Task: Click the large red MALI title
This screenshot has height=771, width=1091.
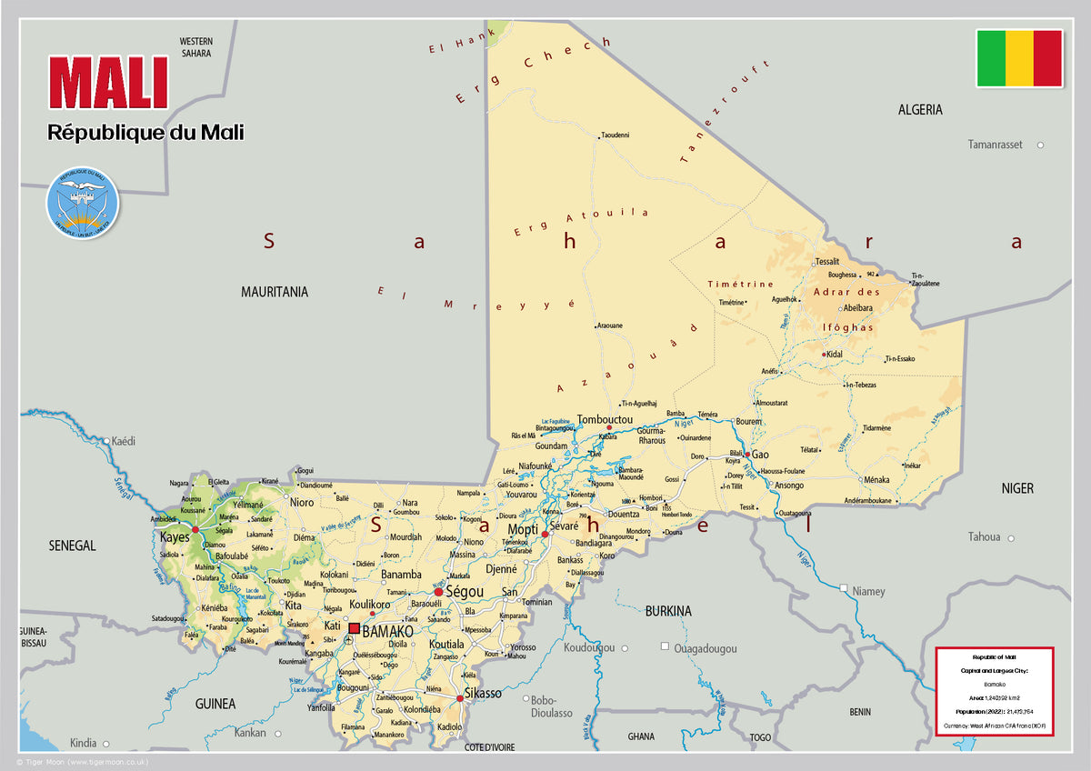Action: point(108,84)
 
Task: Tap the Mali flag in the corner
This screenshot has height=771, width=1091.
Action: point(1019,58)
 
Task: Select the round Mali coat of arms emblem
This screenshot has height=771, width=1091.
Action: point(83,203)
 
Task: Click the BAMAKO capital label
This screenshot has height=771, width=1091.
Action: point(387,630)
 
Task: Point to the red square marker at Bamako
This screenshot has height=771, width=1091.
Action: point(354,628)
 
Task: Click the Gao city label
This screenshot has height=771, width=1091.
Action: point(760,455)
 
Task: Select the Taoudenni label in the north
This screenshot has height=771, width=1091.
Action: point(615,135)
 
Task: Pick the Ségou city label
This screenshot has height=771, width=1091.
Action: point(463,592)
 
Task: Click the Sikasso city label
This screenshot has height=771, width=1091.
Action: point(482,694)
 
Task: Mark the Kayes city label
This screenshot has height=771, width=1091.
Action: point(175,537)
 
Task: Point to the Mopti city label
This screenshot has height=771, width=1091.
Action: point(523,529)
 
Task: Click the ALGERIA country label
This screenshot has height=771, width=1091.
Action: point(920,110)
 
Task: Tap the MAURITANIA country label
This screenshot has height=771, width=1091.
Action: point(274,292)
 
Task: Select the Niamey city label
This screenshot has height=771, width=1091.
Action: point(868,591)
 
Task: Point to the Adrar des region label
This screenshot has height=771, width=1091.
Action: point(846,292)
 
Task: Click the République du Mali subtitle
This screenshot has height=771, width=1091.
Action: point(145,133)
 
